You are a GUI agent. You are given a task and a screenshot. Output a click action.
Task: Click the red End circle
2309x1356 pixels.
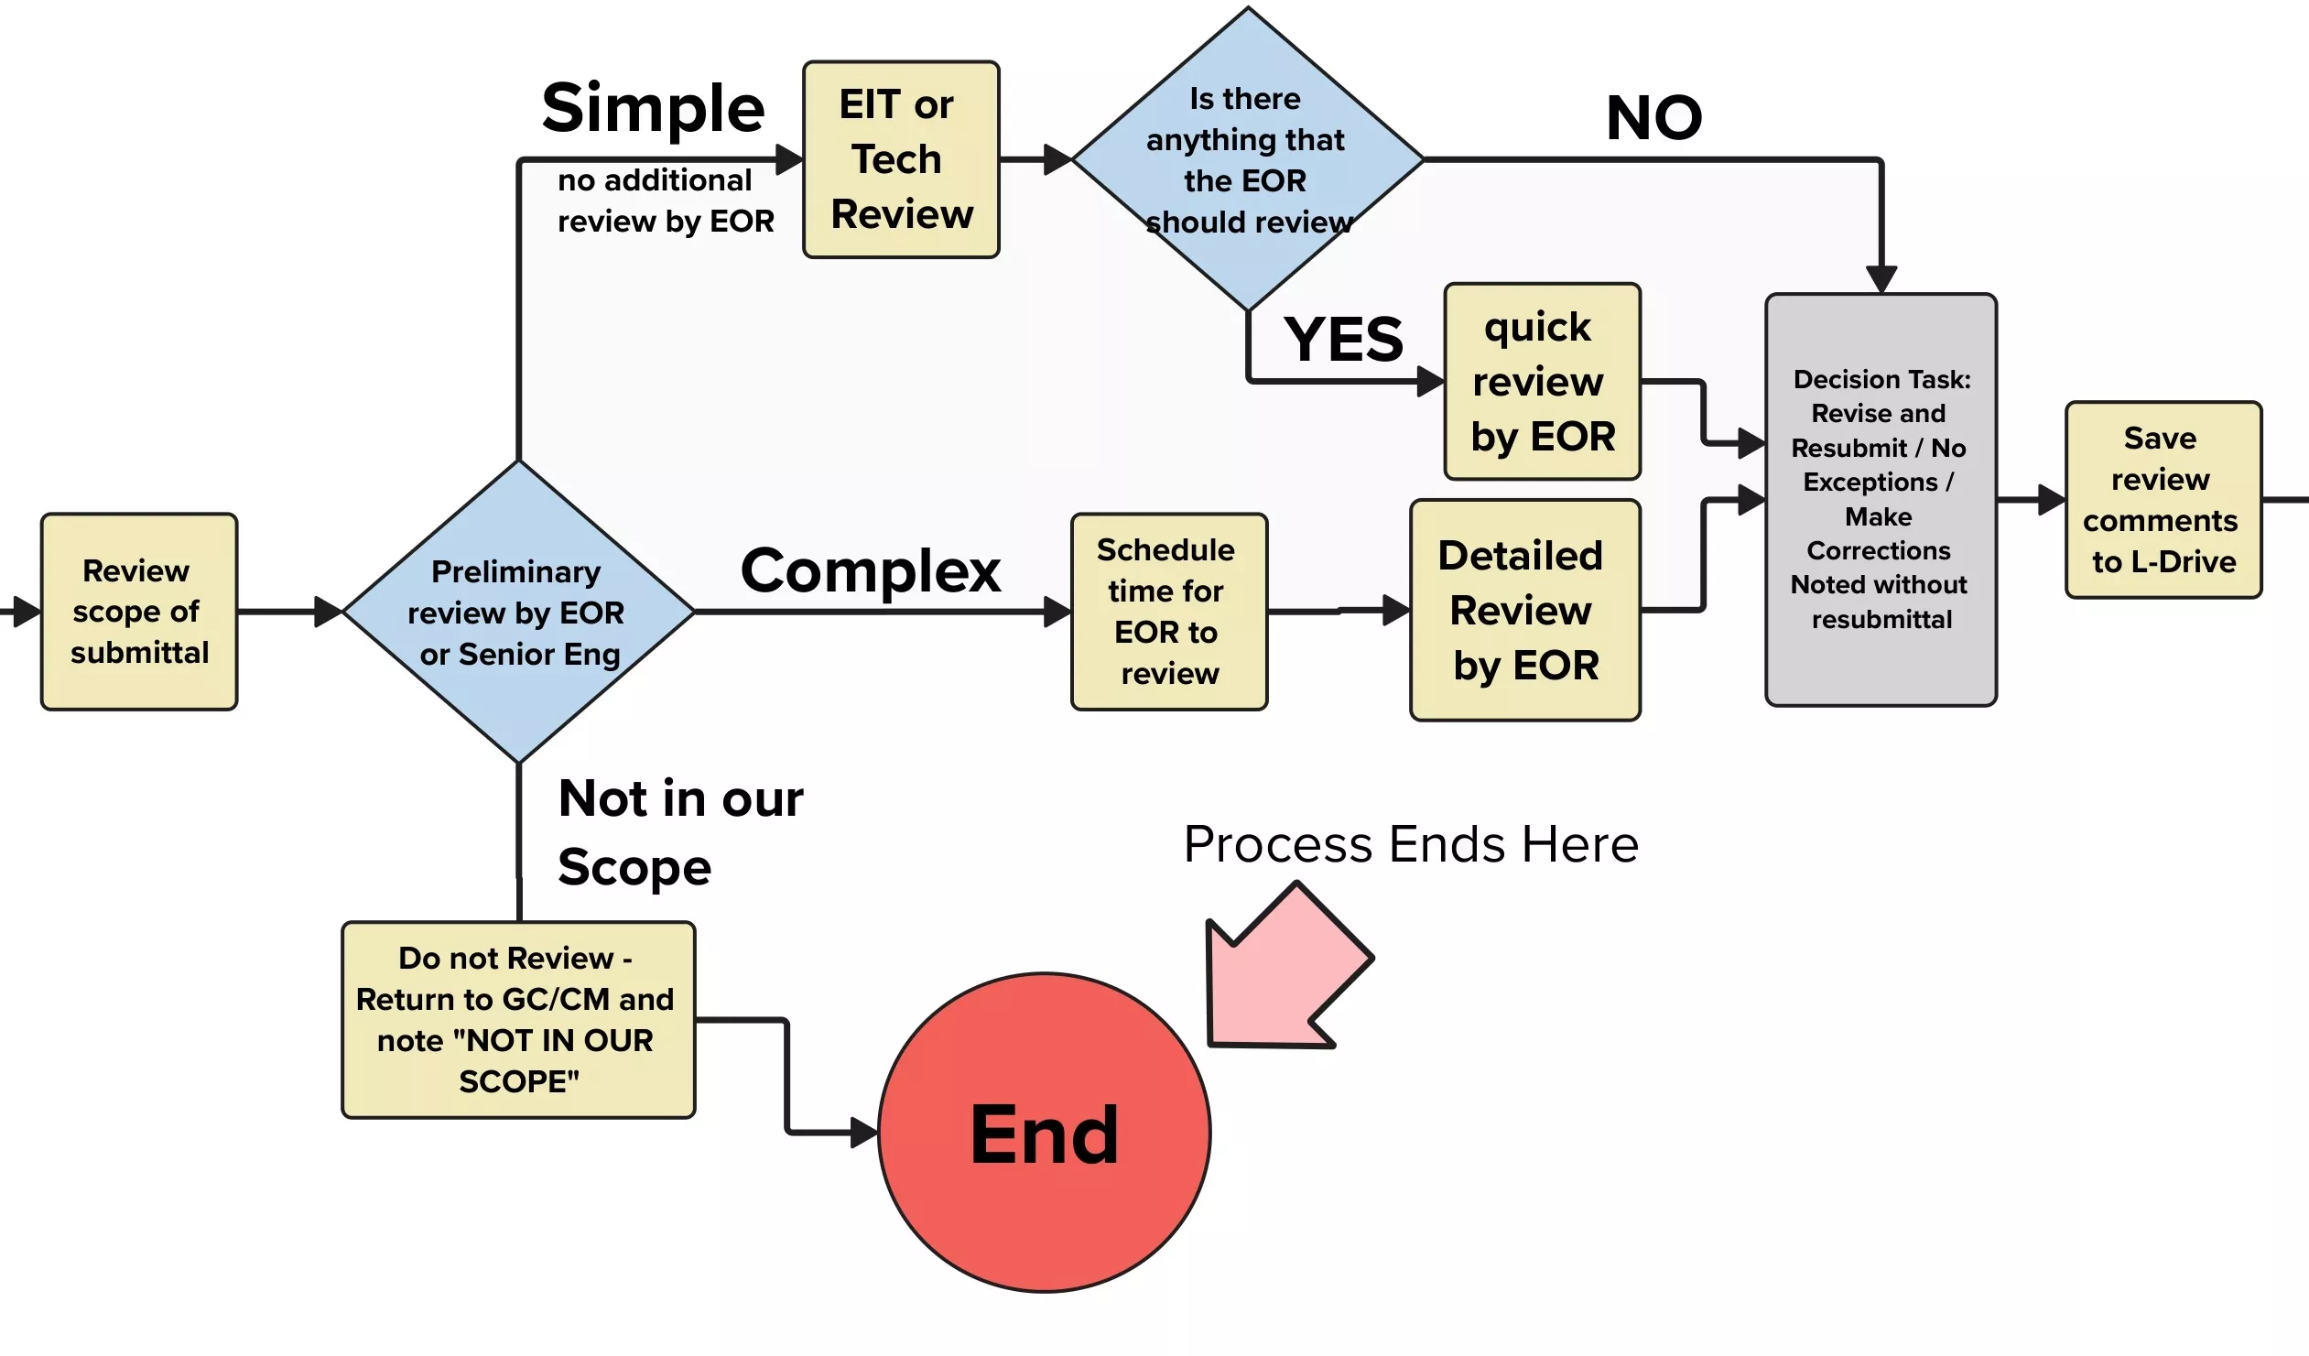pos(1044,1134)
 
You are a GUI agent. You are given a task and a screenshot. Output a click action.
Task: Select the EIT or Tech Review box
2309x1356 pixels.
pos(901,159)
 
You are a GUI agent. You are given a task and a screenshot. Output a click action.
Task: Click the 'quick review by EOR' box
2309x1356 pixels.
pos(1541,381)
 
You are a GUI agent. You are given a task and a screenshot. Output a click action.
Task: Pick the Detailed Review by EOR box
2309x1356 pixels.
pos(1524,610)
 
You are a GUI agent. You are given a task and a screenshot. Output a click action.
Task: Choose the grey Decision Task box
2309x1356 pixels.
pos(1881,500)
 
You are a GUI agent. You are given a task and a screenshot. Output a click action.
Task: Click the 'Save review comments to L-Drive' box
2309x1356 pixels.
pos(2163,500)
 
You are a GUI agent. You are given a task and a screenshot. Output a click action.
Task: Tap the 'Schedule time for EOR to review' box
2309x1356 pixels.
pos(1169,612)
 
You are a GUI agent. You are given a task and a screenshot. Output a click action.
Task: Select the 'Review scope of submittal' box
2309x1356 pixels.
pos(139,612)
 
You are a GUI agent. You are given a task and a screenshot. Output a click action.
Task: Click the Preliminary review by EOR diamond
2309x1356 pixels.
pos(518,612)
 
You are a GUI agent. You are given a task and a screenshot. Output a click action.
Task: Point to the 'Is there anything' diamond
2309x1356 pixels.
pos(1247,159)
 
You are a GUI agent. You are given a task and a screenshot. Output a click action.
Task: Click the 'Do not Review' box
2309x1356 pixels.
pos(518,1020)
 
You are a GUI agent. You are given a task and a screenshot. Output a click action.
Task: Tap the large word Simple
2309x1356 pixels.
pos(654,108)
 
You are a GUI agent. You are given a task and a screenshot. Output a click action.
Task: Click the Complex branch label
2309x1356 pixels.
pos(871,570)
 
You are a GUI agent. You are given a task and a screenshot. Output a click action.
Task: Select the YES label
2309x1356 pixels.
pos(1342,340)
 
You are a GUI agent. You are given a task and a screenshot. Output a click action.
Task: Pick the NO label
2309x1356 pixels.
pos(1653,118)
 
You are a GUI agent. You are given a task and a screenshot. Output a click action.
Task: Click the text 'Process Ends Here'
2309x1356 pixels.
pos(1410,844)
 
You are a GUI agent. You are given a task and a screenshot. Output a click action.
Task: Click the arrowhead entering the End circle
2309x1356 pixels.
pos(863,1134)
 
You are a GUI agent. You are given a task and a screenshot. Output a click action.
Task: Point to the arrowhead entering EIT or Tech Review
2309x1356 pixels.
pos(789,159)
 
